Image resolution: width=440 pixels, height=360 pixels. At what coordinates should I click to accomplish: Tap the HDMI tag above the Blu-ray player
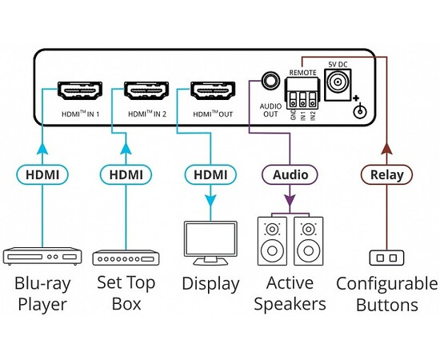pos(39,173)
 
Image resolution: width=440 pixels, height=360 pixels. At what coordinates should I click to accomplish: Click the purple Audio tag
pos(290,173)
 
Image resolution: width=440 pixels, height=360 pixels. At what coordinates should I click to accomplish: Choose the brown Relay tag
pos(386,173)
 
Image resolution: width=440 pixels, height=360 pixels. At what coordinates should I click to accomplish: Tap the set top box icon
pos(126,258)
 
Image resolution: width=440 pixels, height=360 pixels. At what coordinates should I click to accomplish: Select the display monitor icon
pos(210,243)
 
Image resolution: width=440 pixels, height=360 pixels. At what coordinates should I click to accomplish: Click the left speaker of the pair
pos(272,242)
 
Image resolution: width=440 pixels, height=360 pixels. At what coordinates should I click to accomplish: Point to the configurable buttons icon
pos(386,258)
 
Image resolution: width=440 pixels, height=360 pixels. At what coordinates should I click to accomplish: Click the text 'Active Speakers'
pos(290,293)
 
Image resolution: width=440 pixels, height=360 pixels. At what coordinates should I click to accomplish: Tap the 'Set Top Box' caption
pos(126,293)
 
